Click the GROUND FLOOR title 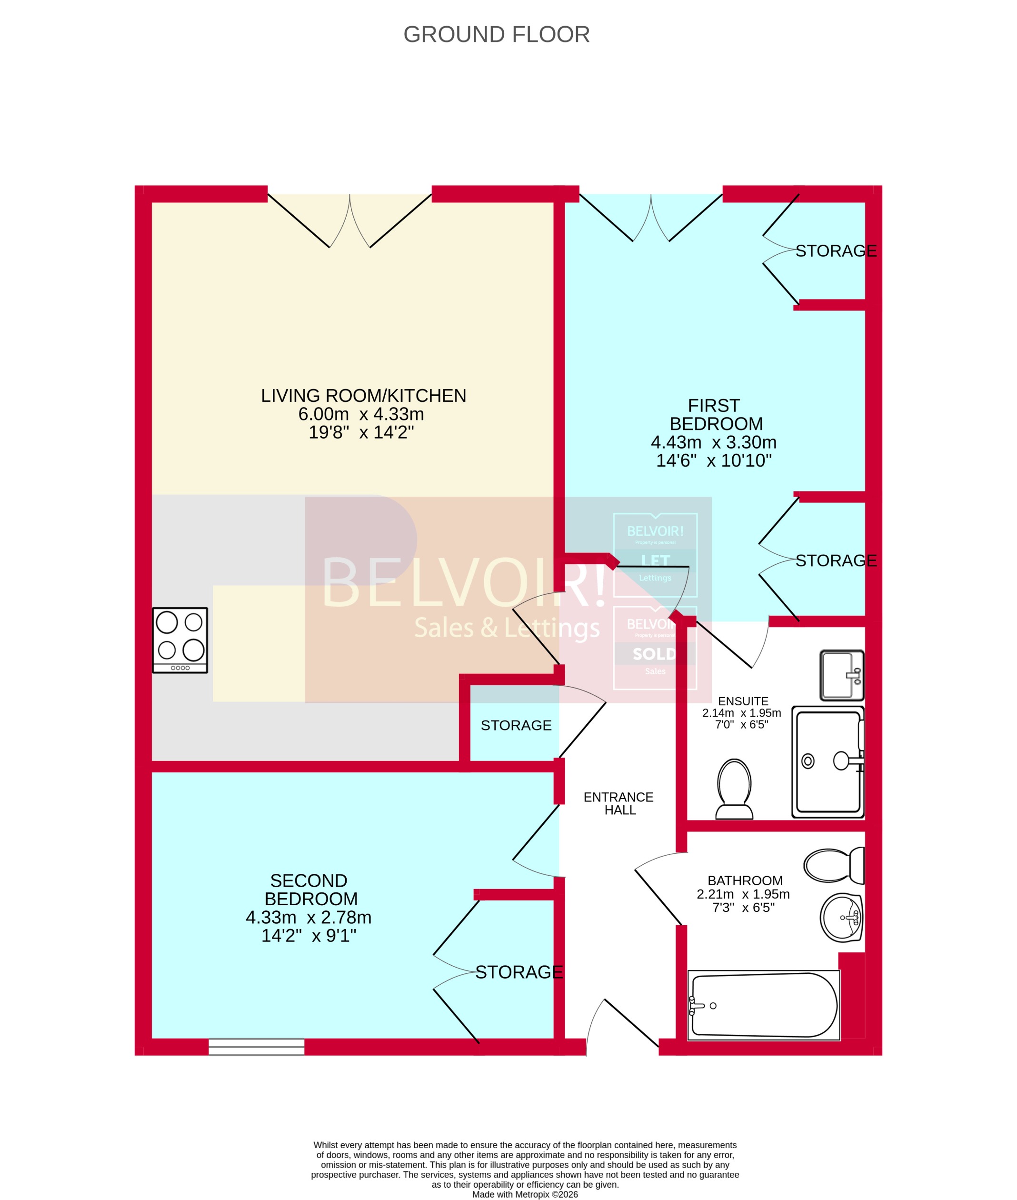[497, 35]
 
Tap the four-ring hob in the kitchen [180, 640]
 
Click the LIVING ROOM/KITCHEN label [363, 396]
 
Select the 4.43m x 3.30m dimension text [714, 442]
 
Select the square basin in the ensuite [842, 675]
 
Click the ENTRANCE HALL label [618, 803]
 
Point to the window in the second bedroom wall [257, 1047]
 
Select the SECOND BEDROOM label [310, 890]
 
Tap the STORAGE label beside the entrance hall [516, 725]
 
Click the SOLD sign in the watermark [654, 654]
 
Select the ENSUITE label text [743, 701]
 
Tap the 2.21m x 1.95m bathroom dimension [743, 894]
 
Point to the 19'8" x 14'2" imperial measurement [361, 432]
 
